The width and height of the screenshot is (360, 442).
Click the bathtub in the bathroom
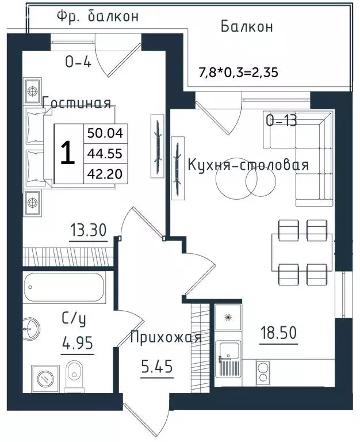tap(64, 287)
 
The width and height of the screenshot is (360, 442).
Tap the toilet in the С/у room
tap(74, 376)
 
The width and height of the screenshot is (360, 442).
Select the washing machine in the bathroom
tap(45, 379)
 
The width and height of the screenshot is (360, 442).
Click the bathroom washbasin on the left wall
tap(31, 329)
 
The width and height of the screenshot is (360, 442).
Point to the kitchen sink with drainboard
tap(228, 359)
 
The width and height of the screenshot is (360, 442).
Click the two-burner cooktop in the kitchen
tap(263, 373)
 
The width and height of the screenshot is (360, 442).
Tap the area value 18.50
tap(278, 333)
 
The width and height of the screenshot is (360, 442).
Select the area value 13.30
tap(88, 230)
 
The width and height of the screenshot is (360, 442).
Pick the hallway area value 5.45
tap(156, 367)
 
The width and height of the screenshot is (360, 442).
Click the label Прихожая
tap(166, 337)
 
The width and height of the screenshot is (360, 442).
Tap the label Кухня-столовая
tap(248, 165)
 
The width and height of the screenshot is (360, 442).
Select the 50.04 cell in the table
tap(105, 133)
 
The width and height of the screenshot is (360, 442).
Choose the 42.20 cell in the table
tap(105, 174)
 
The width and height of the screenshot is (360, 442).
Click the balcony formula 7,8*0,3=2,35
tap(239, 73)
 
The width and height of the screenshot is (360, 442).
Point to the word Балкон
tap(247, 27)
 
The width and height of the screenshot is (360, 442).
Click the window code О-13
tap(281, 121)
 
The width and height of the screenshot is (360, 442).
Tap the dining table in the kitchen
tap(302, 253)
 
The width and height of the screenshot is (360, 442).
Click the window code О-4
tap(78, 62)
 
